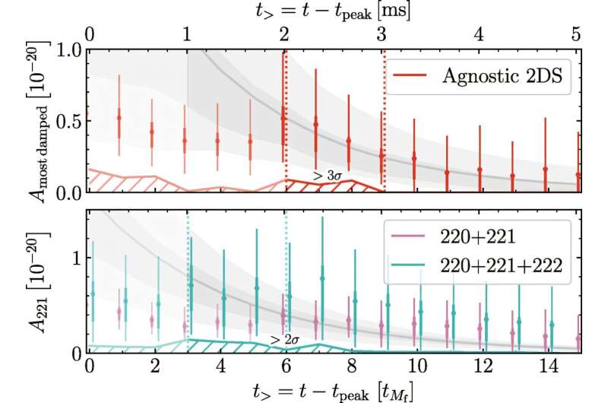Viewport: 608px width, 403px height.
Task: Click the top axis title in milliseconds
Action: click(x=333, y=11)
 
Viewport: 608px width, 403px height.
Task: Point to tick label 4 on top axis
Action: click(x=480, y=34)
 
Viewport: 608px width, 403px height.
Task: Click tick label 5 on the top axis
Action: click(x=577, y=34)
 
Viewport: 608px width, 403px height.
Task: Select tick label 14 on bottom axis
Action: click(x=544, y=365)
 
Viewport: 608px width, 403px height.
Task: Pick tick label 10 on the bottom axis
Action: click(x=414, y=365)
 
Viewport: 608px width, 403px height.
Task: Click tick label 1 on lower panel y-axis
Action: click(x=76, y=257)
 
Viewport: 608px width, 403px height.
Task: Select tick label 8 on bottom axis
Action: click(x=350, y=365)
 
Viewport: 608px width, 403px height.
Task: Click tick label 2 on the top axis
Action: click(x=284, y=34)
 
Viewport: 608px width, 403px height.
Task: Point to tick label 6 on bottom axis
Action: click(x=285, y=365)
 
